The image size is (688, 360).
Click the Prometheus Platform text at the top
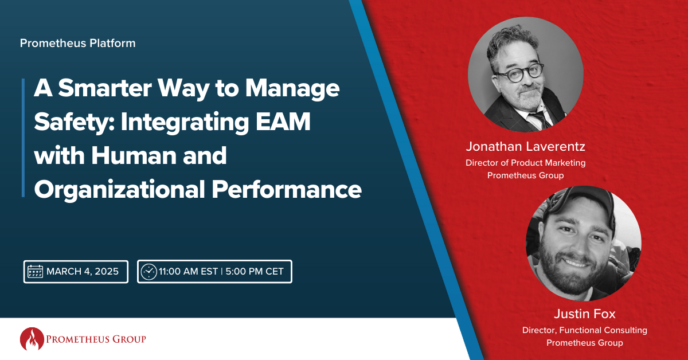(77, 43)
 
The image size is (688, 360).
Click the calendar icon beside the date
(36, 271)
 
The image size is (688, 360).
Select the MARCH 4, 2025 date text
(83, 271)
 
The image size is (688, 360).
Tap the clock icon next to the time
(148, 271)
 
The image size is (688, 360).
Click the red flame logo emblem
(31, 339)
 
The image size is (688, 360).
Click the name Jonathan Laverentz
(525, 147)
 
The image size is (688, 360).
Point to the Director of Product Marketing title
(525, 163)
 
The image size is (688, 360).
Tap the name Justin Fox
(584, 314)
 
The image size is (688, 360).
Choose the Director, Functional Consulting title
(584, 330)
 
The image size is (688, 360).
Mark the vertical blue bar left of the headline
(24, 138)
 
